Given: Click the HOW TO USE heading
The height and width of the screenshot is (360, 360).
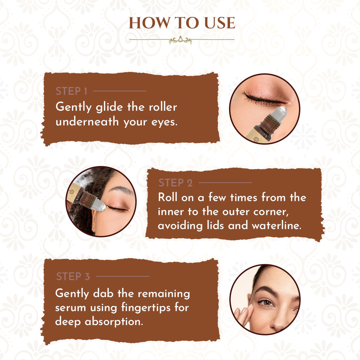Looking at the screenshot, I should [182, 23].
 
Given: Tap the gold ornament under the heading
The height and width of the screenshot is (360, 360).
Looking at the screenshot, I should [180, 40].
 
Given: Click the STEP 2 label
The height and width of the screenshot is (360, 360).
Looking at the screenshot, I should [176, 183].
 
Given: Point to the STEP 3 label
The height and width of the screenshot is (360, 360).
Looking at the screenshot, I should [73, 276].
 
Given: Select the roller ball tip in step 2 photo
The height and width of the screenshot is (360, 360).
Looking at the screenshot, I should [100, 207].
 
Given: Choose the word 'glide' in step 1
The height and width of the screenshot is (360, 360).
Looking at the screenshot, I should [106, 107].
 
